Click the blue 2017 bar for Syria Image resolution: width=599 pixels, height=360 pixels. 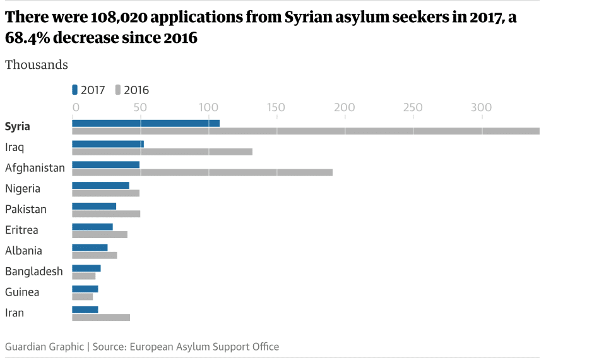(146, 123)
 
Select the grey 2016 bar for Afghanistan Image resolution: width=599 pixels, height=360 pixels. (202, 172)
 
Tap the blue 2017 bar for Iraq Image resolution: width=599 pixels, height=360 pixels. (108, 144)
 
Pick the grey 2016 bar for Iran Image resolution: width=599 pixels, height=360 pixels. (101, 317)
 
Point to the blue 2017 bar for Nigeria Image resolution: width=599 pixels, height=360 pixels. (100, 185)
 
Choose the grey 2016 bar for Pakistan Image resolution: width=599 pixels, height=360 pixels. (106, 213)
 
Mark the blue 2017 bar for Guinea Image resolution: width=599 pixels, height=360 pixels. (85, 289)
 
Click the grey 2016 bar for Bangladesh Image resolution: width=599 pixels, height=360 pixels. (84, 276)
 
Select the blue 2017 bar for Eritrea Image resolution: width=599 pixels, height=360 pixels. (92, 227)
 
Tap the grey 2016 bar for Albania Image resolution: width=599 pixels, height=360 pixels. (95, 255)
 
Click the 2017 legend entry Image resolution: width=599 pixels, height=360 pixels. (89, 90)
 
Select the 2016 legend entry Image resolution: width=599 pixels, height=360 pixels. (132, 90)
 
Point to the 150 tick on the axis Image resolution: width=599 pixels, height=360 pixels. (276, 107)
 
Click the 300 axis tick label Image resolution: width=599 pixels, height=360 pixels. (482, 107)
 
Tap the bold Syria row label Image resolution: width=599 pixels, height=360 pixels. (18, 126)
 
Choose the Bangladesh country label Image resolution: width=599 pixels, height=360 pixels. (34, 272)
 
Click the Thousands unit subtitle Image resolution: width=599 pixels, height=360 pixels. (37, 64)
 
